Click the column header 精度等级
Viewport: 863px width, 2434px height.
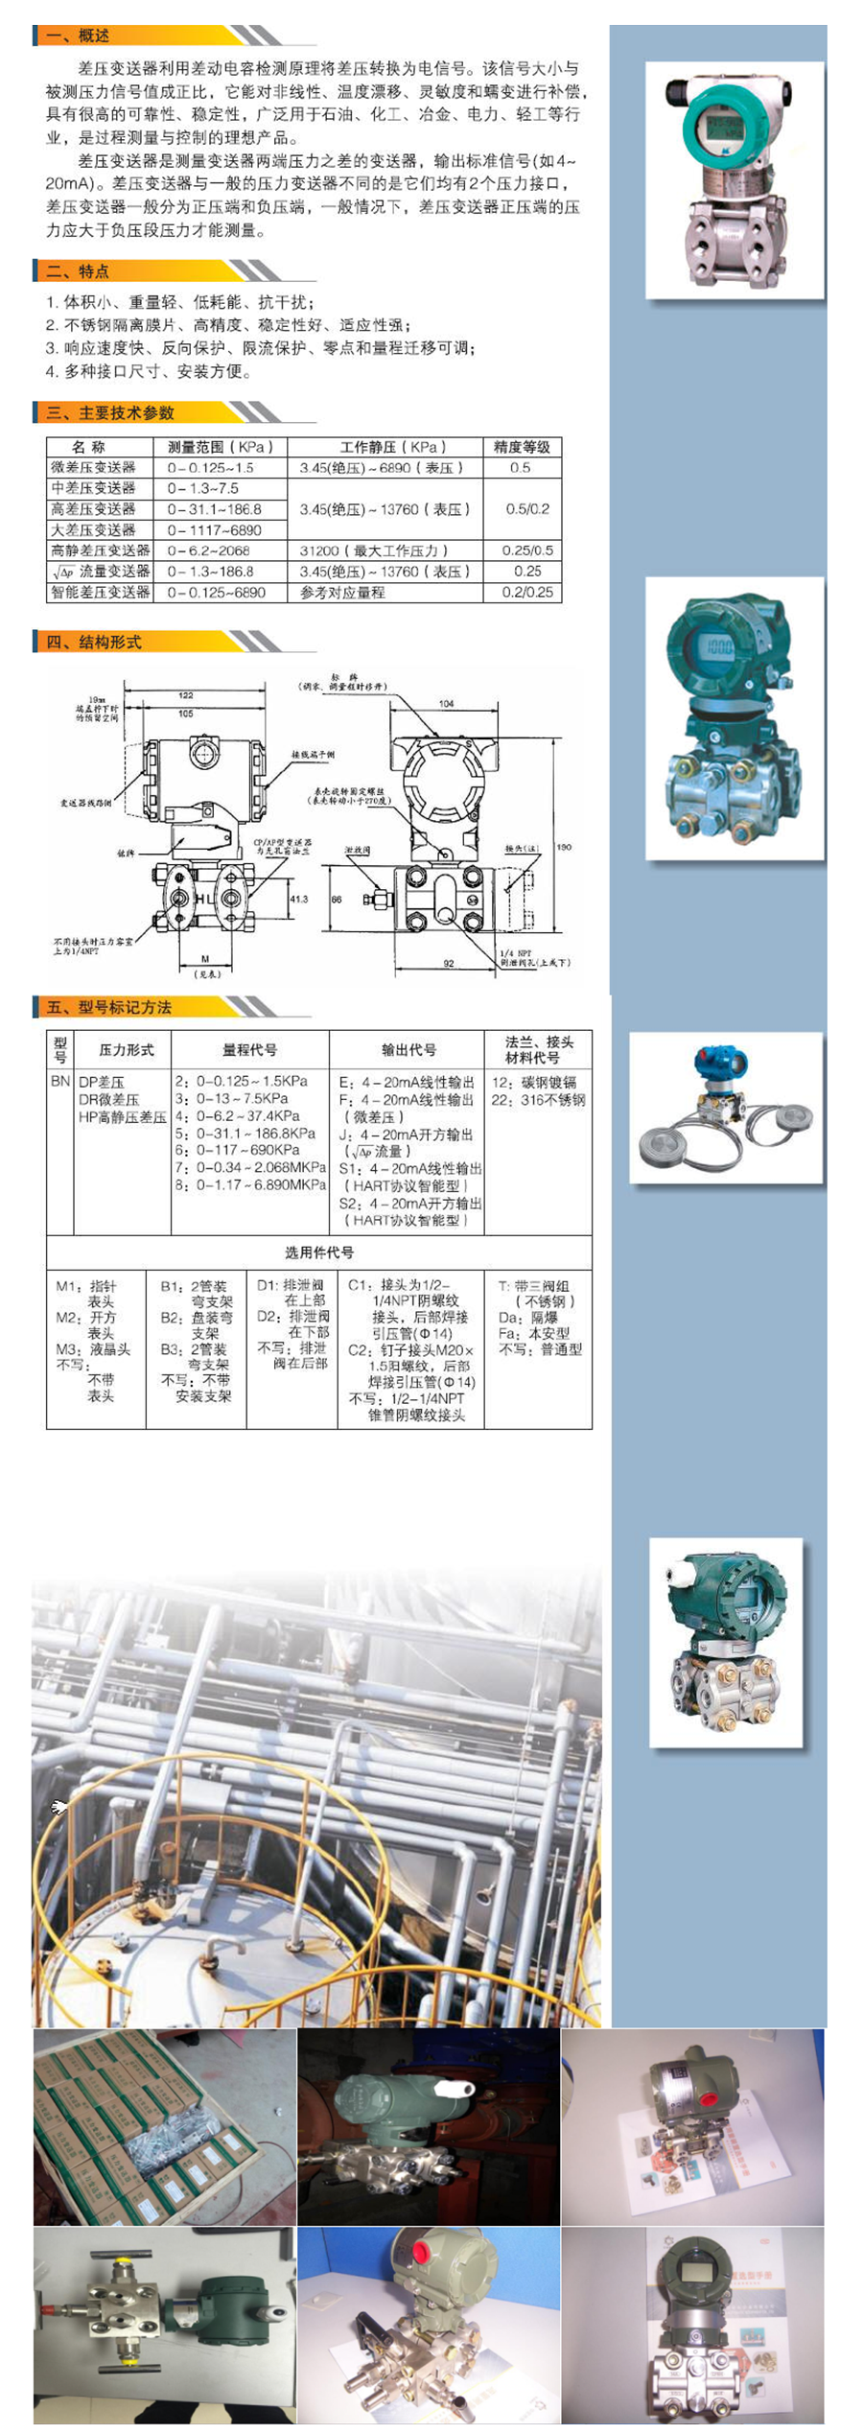(x=522, y=447)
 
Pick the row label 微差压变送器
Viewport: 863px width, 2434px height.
(x=94, y=468)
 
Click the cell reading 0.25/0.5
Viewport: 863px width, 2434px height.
(x=527, y=550)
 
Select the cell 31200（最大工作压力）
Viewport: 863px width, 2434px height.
(x=374, y=550)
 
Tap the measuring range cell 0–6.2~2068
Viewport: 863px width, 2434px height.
(x=208, y=550)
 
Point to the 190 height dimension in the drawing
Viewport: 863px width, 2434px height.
(x=564, y=847)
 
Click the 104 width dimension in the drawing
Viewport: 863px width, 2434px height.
(x=447, y=703)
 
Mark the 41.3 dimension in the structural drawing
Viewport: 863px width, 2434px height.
(x=299, y=899)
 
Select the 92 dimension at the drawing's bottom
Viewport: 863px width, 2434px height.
(x=449, y=963)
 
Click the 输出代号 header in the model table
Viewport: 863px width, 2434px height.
(x=408, y=1049)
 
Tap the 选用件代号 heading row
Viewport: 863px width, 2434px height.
(x=318, y=1252)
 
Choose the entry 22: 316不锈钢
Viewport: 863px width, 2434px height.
(x=538, y=1100)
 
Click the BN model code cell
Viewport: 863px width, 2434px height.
(x=60, y=1081)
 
